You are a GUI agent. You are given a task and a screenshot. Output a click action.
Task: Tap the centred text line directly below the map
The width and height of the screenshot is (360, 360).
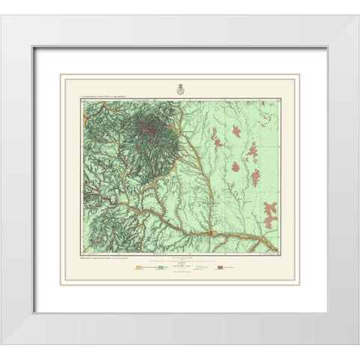180,258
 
